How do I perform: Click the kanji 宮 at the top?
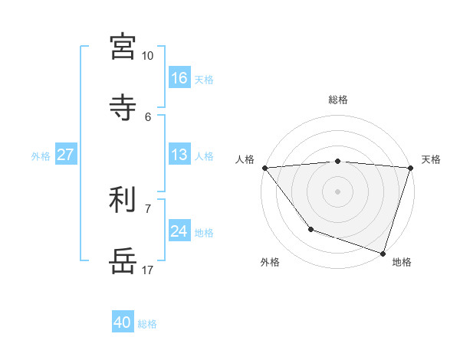pos(123,47)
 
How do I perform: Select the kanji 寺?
pos(123,107)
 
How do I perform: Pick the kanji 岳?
pos(123,260)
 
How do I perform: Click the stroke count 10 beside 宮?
pos(147,56)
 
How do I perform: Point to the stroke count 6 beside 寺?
pos(148,116)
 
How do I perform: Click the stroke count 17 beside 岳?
pos(147,270)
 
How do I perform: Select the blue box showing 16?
pos(179,78)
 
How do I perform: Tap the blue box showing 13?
pos(179,155)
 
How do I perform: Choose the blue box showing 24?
pos(179,231)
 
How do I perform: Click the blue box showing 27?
pos(66,155)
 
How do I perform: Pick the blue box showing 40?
pos(123,322)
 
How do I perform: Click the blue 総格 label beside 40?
pos(147,324)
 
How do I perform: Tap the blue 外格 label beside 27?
pos(41,156)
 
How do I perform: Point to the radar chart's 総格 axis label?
pos(338,100)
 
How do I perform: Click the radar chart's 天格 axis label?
pos(431,159)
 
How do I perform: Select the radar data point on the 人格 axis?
pos(264,168)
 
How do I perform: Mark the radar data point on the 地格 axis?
pos(383,253)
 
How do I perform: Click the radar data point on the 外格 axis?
pos(310,229)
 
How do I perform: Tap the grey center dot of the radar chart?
pos(338,191)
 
